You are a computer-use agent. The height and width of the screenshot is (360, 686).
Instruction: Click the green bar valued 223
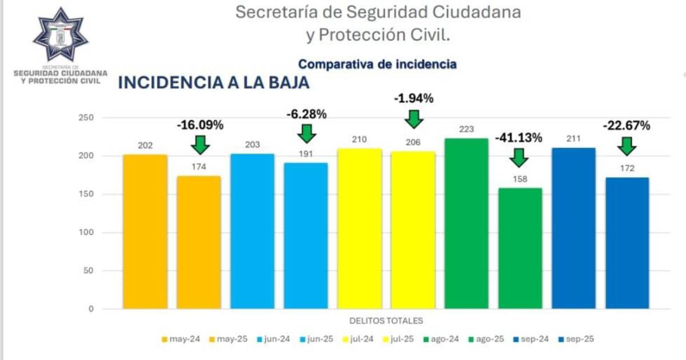pos(466,223)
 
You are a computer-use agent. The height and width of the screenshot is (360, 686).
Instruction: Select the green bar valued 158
pos(520,248)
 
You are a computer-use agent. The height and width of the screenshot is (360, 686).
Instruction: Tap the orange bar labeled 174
pos(198,242)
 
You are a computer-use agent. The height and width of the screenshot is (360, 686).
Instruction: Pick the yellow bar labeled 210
pos(360,229)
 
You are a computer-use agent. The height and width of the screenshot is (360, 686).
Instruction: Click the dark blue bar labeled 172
pos(627,243)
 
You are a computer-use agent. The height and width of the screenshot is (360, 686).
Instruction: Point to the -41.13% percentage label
pos(519,138)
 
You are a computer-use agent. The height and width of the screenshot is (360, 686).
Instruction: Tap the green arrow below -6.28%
pos(307,134)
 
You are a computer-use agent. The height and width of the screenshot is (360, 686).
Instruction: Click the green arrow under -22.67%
pos(627,146)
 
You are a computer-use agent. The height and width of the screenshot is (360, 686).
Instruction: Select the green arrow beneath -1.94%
pos(414,118)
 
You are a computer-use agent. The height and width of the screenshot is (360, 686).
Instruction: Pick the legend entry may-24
pos(180,339)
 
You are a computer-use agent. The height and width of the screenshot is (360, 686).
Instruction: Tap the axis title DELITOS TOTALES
pos(386,321)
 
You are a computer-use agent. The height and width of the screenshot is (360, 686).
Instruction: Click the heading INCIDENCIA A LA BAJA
pos(213,83)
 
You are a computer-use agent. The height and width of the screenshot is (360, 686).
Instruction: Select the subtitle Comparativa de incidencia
pos(377,64)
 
